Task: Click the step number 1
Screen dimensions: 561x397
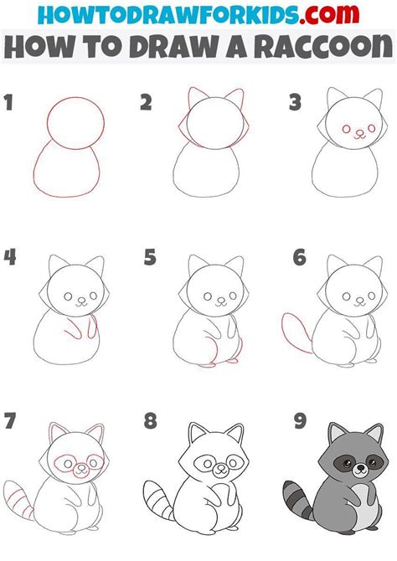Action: [9, 104]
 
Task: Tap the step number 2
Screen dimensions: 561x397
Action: [146, 104]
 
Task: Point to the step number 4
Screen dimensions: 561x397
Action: [9, 257]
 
